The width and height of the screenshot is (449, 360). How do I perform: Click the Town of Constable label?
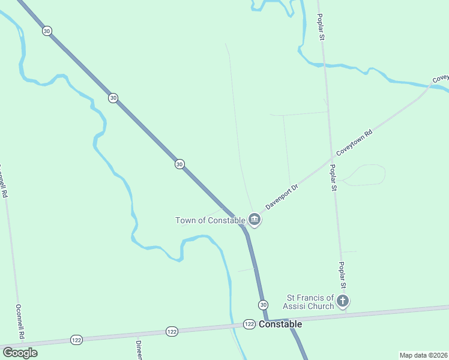pos(210,220)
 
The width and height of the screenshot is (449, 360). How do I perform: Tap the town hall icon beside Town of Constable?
pos(255,220)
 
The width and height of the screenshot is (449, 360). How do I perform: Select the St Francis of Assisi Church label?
pos(310,302)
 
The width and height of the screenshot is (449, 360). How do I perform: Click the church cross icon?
pos(343,301)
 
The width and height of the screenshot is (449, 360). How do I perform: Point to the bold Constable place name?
pos(280,324)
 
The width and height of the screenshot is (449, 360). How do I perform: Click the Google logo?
pos(20,352)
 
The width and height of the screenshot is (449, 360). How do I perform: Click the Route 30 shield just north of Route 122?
pos(263,305)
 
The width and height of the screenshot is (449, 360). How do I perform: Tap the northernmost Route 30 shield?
pos(47,31)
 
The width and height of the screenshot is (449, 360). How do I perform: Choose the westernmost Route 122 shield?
pos(76,339)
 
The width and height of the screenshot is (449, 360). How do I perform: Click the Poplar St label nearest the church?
pos(341,277)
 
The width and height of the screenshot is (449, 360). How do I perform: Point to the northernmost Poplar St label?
pos(321,27)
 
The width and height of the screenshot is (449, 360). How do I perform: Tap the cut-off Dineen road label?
pos(139,350)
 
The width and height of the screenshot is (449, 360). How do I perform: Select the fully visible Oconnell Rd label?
pos(19,322)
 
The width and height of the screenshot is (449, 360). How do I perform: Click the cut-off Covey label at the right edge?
pos(440,79)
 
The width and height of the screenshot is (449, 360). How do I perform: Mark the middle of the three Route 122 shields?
pos(172,331)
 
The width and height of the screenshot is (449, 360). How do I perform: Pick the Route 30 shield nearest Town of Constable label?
pos(179,164)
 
